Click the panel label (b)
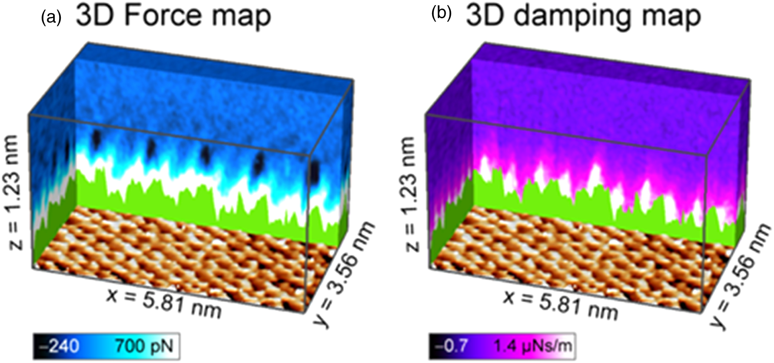click(x=441, y=15)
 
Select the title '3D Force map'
click(x=173, y=16)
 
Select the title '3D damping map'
click(x=583, y=16)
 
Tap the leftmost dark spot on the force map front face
click(x=97, y=138)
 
